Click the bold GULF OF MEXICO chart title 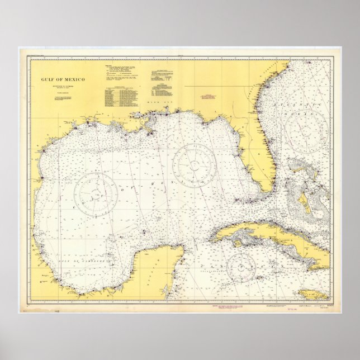pos(63,80)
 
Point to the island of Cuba pos(263,234)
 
